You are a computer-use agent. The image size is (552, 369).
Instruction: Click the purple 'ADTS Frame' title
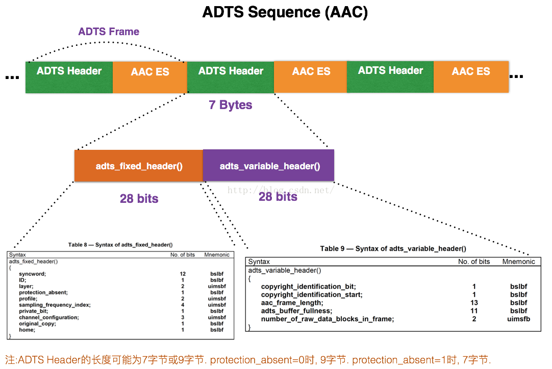point(109,32)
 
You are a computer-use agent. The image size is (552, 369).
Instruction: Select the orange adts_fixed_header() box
point(139,166)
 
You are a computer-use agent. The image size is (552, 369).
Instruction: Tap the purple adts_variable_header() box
point(269,166)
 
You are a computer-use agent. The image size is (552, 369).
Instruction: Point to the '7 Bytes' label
point(231,105)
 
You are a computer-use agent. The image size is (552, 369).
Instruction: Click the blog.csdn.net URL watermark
point(281,190)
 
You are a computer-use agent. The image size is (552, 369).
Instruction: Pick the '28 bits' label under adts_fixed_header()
point(139,199)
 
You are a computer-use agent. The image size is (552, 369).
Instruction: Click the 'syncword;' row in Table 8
point(33,274)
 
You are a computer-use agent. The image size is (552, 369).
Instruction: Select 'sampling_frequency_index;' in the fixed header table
point(55,305)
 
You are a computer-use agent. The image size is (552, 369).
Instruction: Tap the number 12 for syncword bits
point(183,274)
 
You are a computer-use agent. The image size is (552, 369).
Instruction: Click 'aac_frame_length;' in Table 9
point(292,303)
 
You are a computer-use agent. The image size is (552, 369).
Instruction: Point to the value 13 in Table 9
point(474,303)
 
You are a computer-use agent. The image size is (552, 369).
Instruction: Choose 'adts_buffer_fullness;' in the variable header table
point(296,311)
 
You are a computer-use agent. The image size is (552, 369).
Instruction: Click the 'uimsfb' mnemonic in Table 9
point(518,319)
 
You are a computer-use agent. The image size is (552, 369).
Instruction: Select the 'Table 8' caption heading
point(120,245)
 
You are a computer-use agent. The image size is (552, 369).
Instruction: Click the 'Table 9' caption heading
point(393,249)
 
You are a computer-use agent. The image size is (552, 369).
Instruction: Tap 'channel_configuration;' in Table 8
point(49,318)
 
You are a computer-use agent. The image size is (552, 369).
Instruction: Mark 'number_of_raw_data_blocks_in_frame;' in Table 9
point(328,319)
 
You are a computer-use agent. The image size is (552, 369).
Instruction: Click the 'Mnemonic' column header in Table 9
point(518,261)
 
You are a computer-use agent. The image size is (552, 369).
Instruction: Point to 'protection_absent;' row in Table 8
point(43,293)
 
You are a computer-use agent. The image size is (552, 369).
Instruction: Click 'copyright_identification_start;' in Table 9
point(312,295)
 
